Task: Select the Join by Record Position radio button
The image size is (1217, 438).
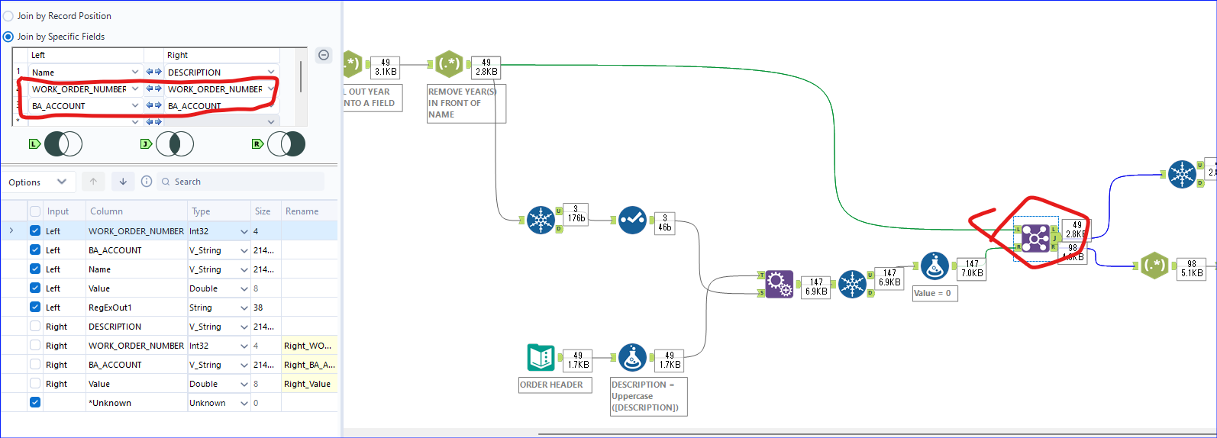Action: point(8,16)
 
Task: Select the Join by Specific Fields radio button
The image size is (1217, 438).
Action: point(8,37)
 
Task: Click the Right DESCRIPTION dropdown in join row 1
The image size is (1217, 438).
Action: point(221,72)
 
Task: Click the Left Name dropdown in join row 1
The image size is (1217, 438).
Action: point(85,72)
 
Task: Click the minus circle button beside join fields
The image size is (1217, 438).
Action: point(324,55)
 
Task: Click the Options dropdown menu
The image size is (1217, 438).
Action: point(37,182)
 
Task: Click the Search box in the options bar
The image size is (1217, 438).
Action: point(240,182)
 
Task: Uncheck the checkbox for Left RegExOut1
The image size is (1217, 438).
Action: point(35,307)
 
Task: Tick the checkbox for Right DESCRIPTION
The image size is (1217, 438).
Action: point(35,326)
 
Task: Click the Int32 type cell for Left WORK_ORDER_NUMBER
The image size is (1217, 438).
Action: point(218,231)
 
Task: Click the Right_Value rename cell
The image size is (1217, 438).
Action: point(308,384)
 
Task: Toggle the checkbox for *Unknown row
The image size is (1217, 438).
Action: point(35,402)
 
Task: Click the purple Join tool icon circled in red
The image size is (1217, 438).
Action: point(1035,239)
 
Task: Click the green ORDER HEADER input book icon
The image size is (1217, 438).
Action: point(541,357)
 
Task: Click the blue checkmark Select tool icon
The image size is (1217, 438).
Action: point(632,220)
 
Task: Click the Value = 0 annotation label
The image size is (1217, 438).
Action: point(934,293)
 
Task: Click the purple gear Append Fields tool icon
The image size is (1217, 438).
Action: point(779,284)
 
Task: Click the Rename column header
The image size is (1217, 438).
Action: point(302,211)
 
